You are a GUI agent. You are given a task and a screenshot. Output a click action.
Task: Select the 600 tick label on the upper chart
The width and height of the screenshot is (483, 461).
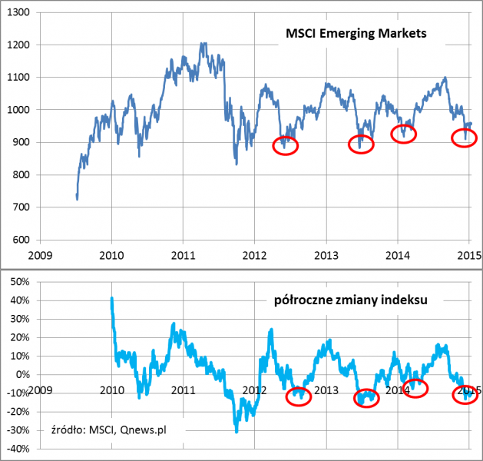pyautogui.click(x=21, y=240)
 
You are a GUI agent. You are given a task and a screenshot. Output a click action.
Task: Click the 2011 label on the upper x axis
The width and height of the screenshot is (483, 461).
pyautogui.click(x=183, y=255)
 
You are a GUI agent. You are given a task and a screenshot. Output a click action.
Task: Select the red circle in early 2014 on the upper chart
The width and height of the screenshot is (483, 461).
pyautogui.click(x=404, y=134)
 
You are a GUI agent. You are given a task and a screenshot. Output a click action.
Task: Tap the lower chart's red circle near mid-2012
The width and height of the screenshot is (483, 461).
pyautogui.click(x=299, y=396)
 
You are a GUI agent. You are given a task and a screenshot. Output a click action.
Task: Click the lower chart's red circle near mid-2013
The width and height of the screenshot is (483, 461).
pyautogui.click(x=367, y=398)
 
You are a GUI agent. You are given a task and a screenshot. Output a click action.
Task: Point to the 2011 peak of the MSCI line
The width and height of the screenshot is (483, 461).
pyautogui.click(x=203, y=44)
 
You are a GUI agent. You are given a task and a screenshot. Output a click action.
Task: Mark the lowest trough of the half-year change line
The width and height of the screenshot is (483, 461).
pyautogui.click(x=236, y=432)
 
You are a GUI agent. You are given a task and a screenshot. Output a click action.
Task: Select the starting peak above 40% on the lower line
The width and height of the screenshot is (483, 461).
pyautogui.click(x=112, y=298)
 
